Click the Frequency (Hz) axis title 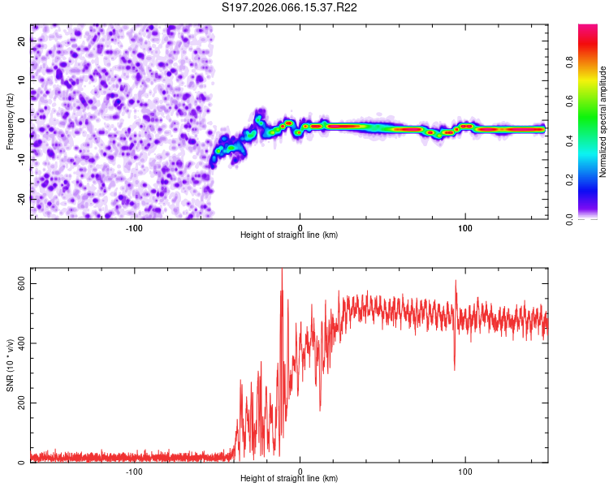[x=10, y=121]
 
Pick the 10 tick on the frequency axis [x=22, y=80]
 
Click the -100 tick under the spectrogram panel [x=134, y=227]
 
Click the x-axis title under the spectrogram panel [x=289, y=235]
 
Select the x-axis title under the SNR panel [x=289, y=479]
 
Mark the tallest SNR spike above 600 [x=282, y=271]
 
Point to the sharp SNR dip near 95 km [x=455, y=368]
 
